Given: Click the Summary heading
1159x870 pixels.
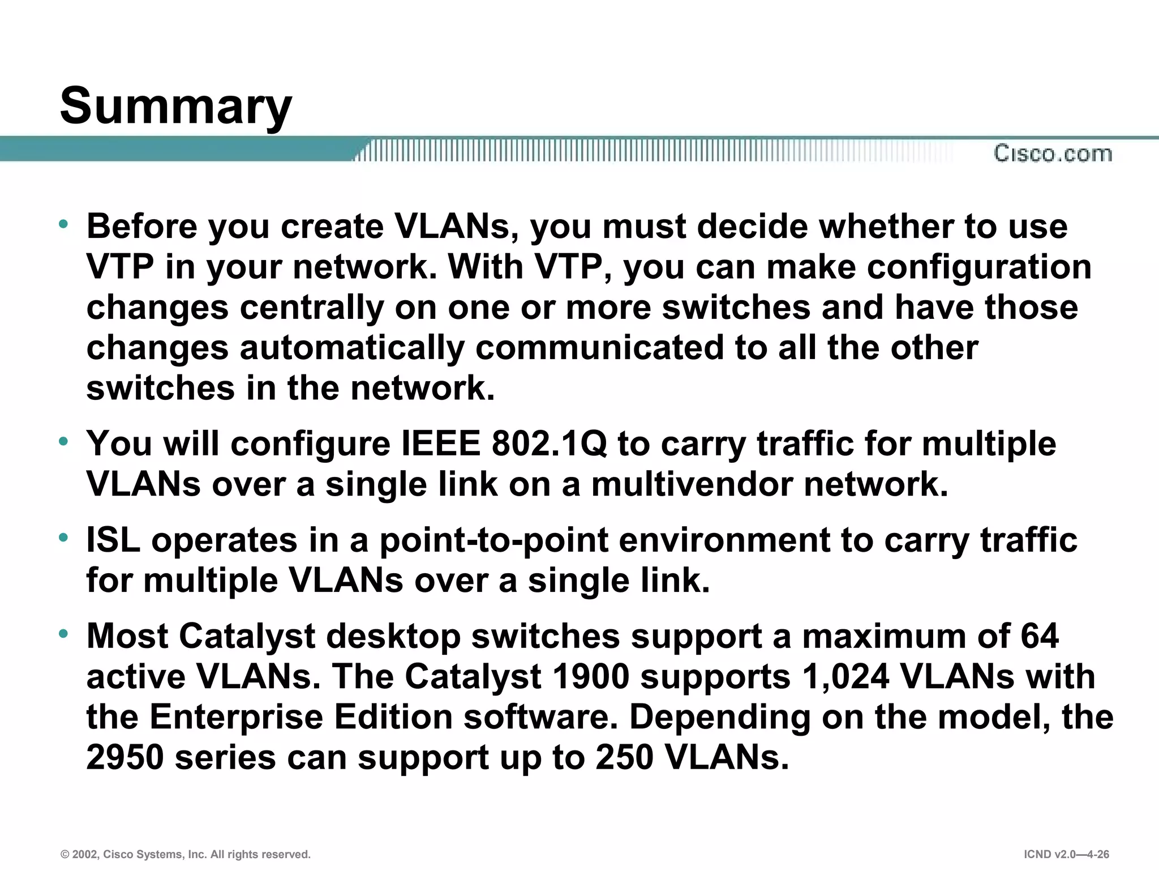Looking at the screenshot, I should tap(175, 106).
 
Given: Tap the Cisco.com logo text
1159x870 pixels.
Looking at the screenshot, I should tap(1053, 153).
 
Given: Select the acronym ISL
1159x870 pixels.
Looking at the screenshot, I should tap(113, 540).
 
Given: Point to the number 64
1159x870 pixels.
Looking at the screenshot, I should tap(1040, 636).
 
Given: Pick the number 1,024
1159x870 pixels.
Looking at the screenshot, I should tap(845, 676).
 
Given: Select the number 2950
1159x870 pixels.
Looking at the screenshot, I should tap(125, 757).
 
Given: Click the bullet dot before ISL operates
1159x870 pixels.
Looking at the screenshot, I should tap(64, 536).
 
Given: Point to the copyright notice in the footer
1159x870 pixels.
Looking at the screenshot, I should tap(186, 854).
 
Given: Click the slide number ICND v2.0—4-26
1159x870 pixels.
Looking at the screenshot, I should tap(1066, 854).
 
